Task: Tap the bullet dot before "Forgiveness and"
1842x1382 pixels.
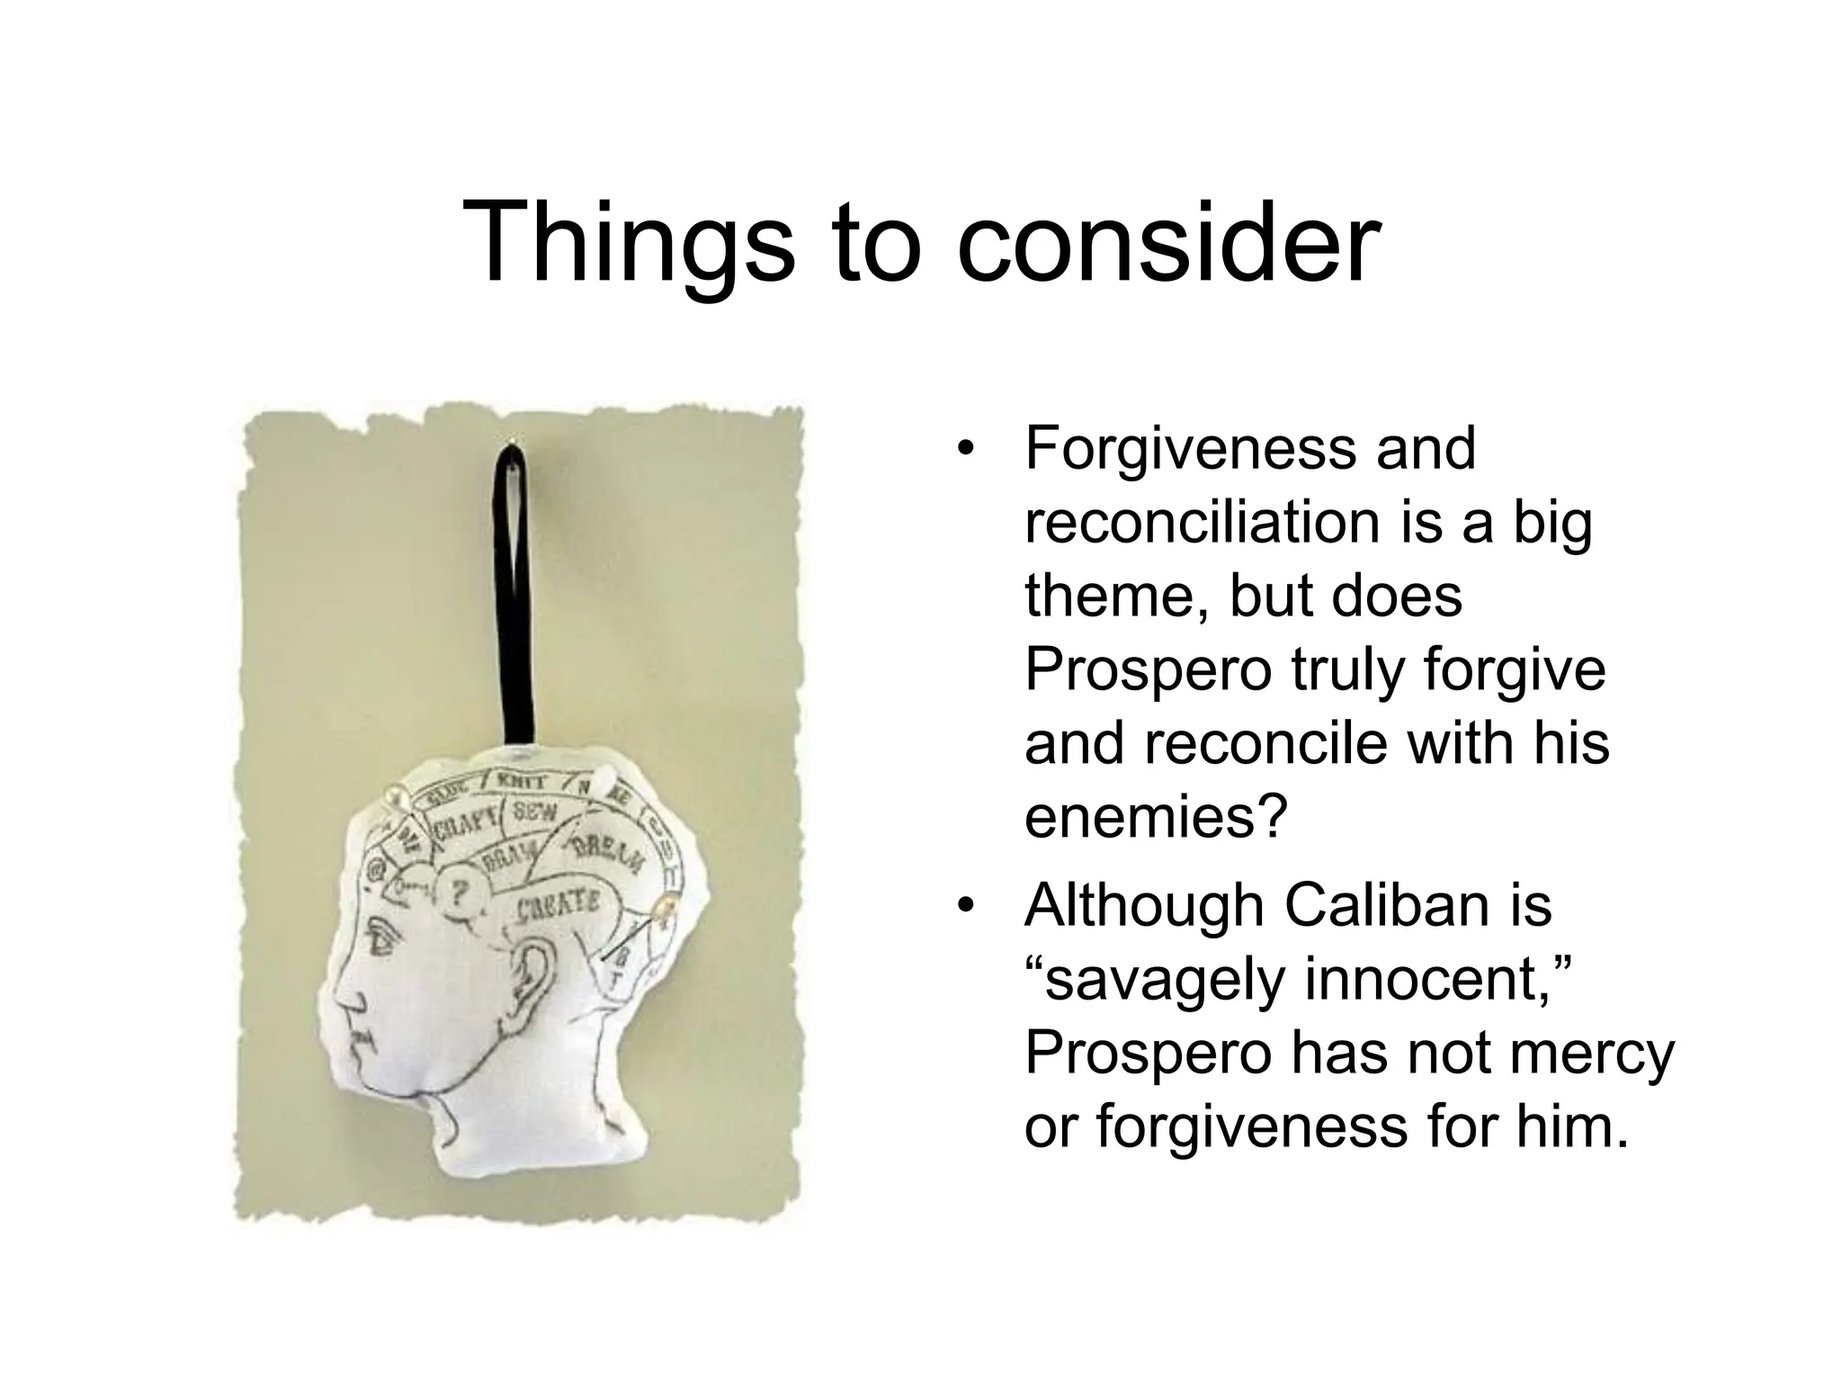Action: point(966,450)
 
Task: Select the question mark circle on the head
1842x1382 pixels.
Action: point(460,893)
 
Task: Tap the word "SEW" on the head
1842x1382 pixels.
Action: point(534,814)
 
